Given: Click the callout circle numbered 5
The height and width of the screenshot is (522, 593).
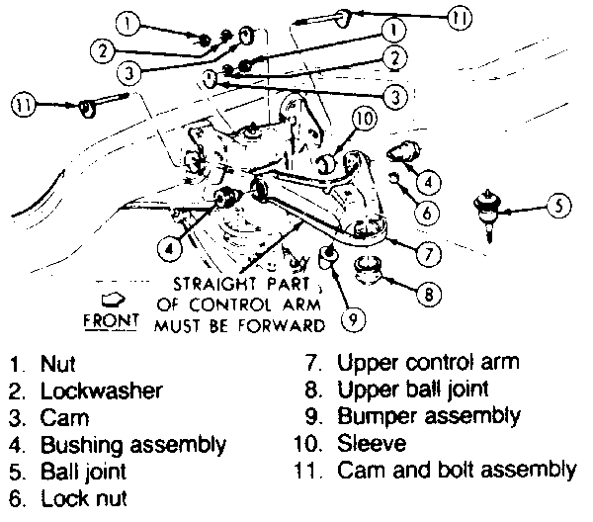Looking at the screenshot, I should [559, 208].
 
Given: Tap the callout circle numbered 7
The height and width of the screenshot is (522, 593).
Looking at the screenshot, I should [427, 254].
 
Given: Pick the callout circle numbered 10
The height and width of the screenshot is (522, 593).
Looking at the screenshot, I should [365, 120].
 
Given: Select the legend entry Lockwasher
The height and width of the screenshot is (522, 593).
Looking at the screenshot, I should [101, 391].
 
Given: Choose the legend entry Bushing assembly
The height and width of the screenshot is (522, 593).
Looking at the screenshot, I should [133, 445].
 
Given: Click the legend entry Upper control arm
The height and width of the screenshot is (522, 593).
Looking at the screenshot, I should [428, 364].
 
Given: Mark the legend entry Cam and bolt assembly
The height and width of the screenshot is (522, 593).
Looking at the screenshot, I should [456, 472].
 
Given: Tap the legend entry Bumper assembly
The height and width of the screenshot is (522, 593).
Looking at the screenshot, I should [428, 417].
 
